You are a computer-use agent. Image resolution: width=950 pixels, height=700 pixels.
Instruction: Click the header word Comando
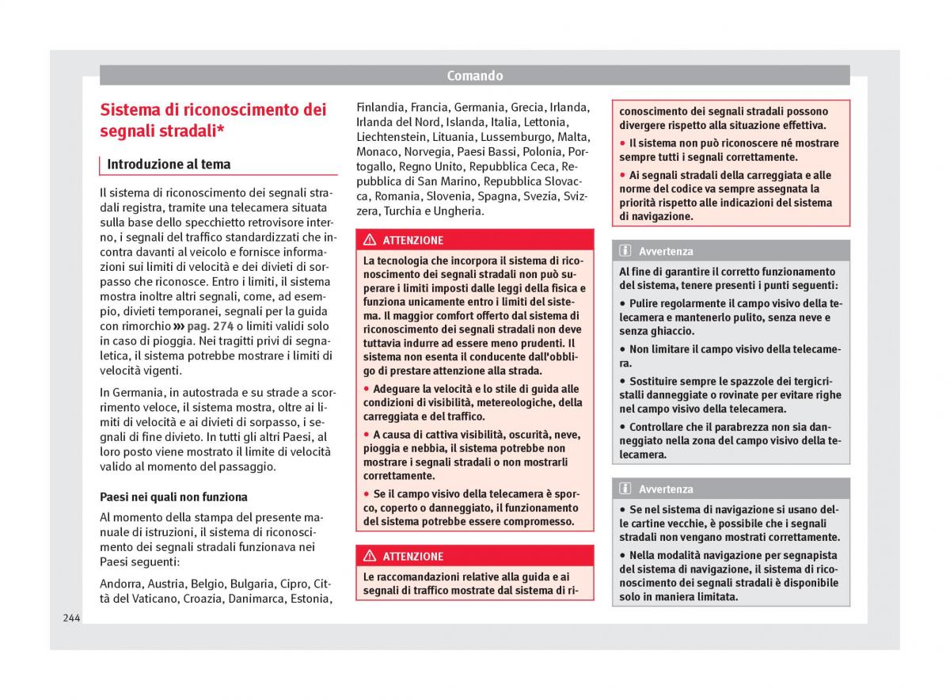tap(474, 76)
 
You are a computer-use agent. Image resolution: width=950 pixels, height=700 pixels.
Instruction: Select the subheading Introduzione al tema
tap(169, 165)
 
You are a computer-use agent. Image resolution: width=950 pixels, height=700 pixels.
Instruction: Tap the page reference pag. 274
tap(211, 326)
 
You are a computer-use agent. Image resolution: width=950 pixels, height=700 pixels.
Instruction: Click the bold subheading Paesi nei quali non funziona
tap(173, 497)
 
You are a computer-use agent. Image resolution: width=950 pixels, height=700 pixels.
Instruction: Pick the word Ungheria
tap(457, 211)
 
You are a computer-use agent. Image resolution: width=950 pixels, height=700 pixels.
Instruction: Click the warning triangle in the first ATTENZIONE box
tap(370, 240)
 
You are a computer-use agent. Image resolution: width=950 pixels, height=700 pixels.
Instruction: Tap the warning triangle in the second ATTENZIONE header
tap(370, 556)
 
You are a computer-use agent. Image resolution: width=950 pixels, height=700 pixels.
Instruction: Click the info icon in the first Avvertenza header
tap(625, 251)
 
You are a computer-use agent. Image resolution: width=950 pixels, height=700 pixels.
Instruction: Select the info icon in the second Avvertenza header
tap(625, 489)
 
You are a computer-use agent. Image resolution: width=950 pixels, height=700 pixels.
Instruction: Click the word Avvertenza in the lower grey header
tap(666, 489)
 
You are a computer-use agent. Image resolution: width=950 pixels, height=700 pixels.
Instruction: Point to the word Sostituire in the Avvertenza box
tap(657, 381)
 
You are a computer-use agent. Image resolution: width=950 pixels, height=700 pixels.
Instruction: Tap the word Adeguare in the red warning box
tap(397, 389)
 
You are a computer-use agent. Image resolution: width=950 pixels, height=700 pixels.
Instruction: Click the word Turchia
tap(401, 211)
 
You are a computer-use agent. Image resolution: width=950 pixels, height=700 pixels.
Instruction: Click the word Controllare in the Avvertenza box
tap(662, 427)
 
